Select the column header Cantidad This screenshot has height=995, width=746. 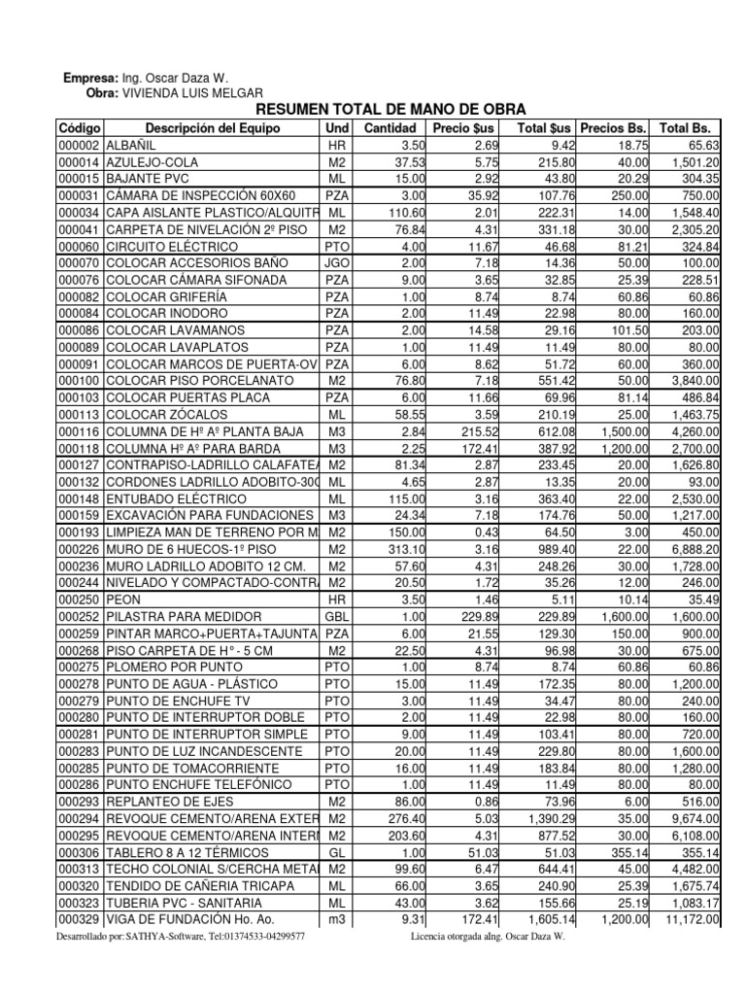click(390, 128)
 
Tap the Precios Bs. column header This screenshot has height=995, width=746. click(613, 128)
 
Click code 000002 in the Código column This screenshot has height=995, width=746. click(80, 146)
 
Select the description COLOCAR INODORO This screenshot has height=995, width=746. click(167, 314)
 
